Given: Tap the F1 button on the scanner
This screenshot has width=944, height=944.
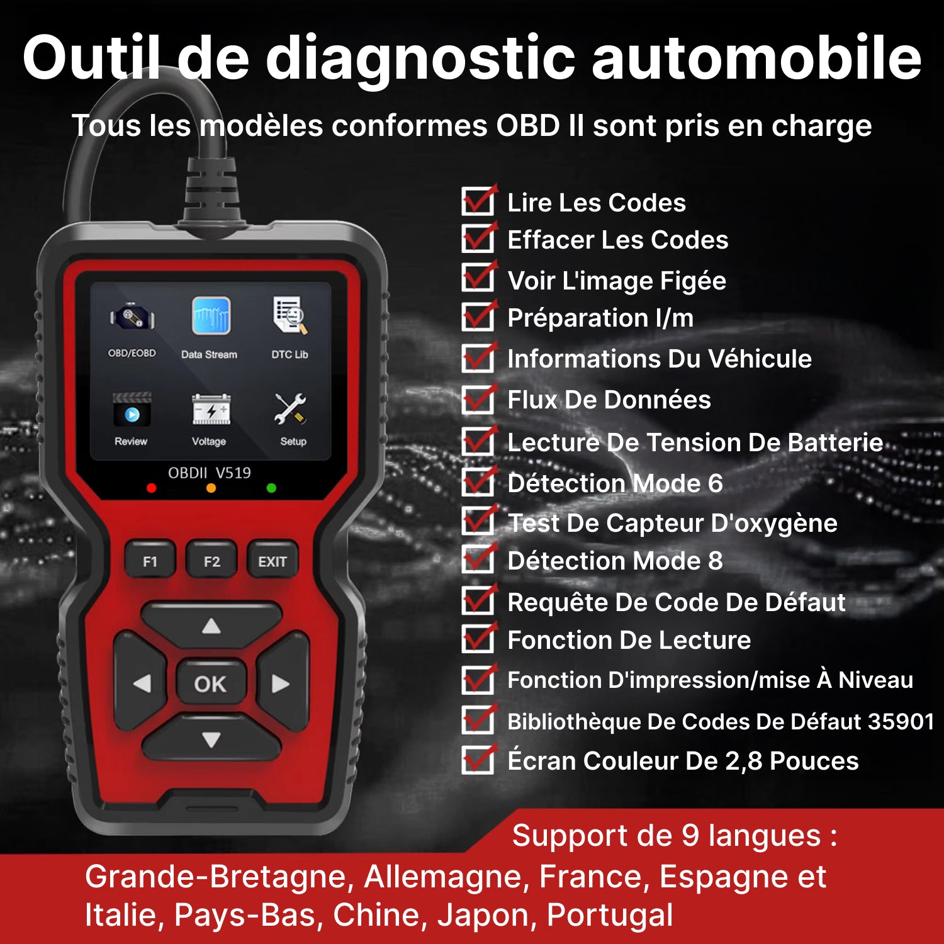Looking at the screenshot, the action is tap(150, 560).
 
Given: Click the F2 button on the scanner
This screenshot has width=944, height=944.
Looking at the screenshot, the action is tap(211, 560).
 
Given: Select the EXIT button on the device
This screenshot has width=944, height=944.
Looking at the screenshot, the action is tap(272, 560).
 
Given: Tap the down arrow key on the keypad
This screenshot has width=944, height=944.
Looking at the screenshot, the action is tap(211, 740).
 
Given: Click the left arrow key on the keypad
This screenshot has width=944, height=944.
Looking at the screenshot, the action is tap(141, 683).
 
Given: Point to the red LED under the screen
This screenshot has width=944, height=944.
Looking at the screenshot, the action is tap(151, 488).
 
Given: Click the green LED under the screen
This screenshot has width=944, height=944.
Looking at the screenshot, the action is tap(271, 488).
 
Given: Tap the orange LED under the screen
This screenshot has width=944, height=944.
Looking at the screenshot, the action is tap(211, 488).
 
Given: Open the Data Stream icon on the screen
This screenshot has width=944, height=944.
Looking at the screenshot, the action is tap(211, 316).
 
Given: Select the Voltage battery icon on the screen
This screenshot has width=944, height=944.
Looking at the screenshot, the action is tap(211, 410).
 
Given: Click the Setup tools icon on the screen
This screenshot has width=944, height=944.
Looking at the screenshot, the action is tap(290, 409).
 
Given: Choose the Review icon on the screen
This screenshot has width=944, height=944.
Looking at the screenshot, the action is tap(132, 410).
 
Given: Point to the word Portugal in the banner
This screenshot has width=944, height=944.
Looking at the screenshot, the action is tap(610, 916).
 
